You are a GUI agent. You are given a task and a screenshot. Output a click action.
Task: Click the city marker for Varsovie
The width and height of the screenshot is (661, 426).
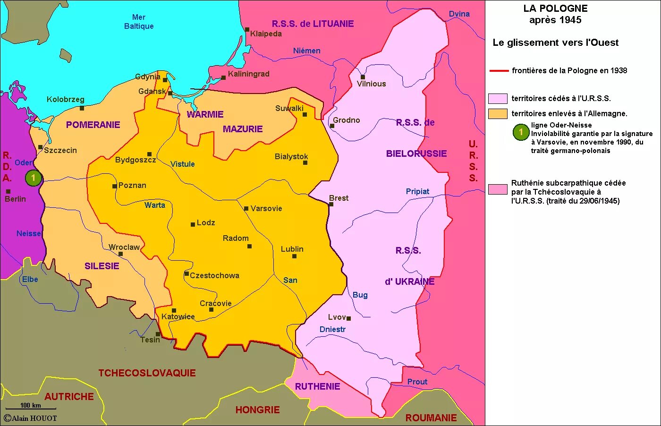pos(246,208)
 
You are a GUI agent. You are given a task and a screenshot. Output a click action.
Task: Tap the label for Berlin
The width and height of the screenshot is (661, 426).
pos(15,199)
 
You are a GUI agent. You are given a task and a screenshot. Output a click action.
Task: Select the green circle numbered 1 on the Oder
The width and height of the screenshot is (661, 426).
pos(33,178)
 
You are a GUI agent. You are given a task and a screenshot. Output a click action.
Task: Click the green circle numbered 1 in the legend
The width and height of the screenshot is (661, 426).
pos(521,132)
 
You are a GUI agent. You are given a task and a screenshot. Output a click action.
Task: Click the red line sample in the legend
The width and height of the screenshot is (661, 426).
pos(499,71)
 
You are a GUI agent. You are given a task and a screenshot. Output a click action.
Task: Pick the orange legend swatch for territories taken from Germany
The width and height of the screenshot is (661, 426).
pos(498,113)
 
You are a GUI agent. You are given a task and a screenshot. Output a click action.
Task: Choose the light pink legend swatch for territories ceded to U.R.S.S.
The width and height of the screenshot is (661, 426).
pos(498,98)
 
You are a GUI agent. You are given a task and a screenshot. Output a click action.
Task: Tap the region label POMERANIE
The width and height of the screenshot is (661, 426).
pos(93,125)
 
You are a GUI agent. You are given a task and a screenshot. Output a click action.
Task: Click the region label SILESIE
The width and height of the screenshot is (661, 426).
pos(102,266)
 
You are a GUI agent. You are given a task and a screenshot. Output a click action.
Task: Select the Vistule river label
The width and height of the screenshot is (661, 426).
pos(183,164)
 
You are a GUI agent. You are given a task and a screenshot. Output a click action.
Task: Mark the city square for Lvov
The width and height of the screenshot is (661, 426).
pos(348,318)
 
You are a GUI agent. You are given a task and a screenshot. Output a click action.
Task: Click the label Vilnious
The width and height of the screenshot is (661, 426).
pos(371,84)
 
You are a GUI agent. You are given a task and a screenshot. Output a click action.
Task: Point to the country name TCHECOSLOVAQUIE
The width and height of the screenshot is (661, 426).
pos(147,373)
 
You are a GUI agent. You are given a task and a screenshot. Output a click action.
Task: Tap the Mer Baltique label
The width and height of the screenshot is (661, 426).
pos(139,22)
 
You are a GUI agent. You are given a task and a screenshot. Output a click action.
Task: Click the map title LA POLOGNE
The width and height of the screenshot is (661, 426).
pos(555,9)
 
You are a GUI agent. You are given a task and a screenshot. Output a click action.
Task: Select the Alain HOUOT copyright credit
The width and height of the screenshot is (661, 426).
pos(31,418)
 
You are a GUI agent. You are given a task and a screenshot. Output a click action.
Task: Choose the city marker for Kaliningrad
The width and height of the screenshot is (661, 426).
pos(223,77)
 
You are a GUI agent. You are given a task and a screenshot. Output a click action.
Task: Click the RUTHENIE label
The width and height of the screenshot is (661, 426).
pos(317,386)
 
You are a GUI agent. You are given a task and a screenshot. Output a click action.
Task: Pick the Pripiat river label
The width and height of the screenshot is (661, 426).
pos(417,191)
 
